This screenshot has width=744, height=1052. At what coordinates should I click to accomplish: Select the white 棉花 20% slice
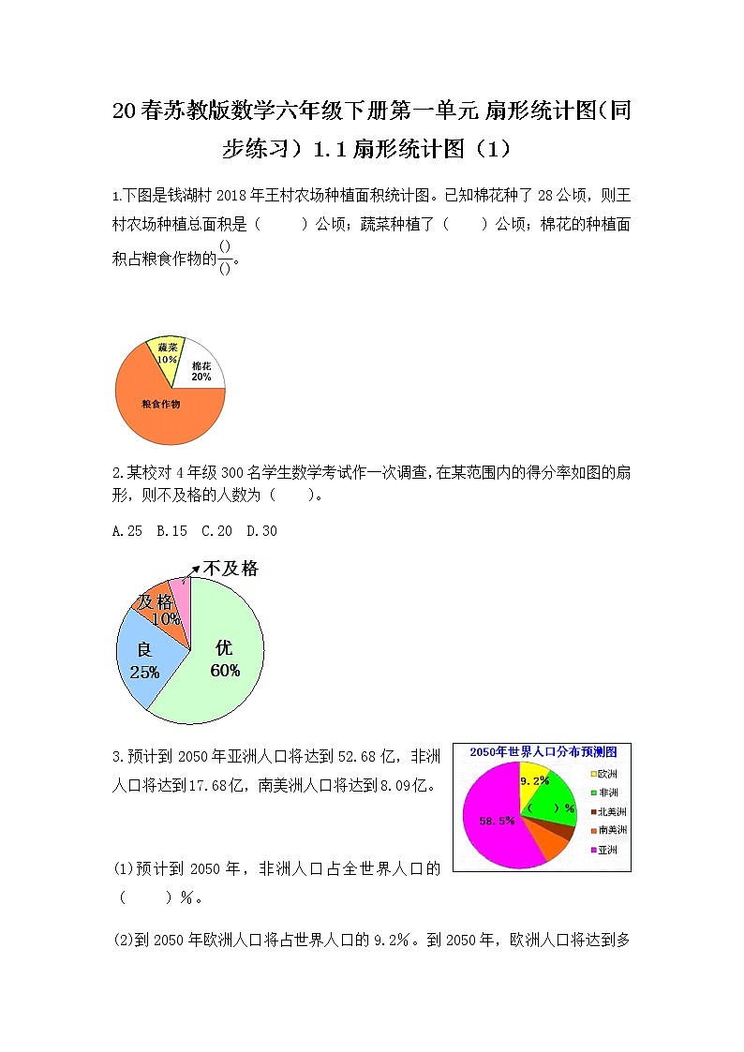click(201, 372)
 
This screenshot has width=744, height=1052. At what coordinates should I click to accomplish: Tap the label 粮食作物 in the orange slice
click(160, 404)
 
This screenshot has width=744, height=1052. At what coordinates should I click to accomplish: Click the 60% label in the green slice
click(225, 671)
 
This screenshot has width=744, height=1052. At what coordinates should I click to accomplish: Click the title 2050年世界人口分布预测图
click(543, 752)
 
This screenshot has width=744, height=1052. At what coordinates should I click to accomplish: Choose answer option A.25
click(126, 531)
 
